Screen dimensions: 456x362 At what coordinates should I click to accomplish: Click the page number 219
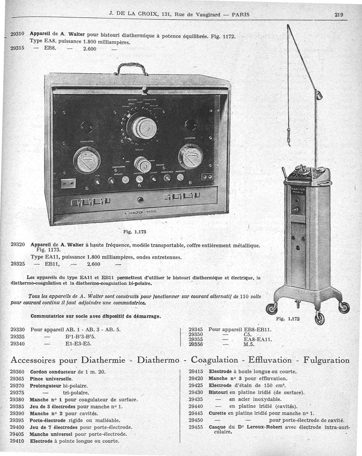[339, 14]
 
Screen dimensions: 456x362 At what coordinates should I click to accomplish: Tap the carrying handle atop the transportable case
[131, 69]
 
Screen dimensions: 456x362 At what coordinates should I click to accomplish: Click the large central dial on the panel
[142, 127]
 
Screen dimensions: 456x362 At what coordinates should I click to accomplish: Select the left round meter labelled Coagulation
[87, 160]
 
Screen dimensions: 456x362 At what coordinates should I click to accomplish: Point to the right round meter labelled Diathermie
[191, 156]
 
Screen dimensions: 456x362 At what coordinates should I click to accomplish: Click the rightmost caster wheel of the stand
[344, 307]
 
